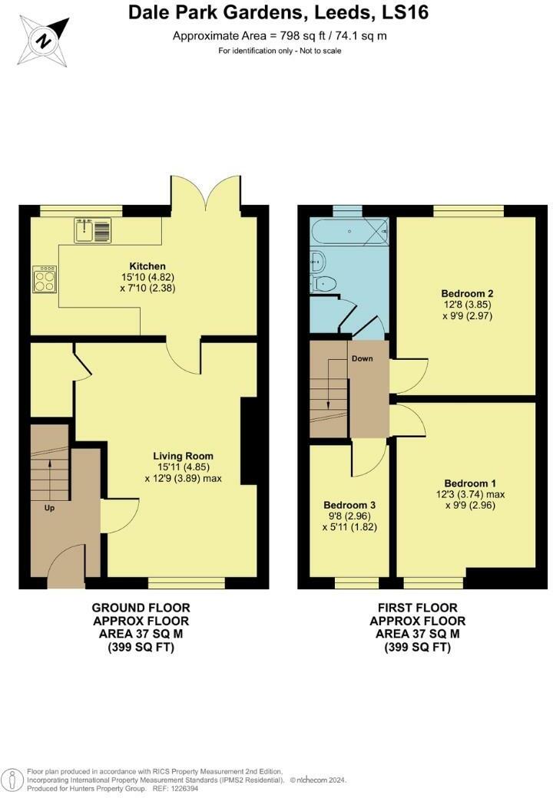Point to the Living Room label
pyautogui.click(x=182, y=455)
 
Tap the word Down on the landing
pyautogui.click(x=362, y=358)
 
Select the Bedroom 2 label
pyautogui.click(x=467, y=293)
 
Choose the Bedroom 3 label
pyautogui.click(x=349, y=505)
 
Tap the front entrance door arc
pyautogui.click(x=66, y=562)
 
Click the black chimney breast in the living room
pyautogui.click(x=249, y=441)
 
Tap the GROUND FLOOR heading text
pyautogui.click(x=141, y=608)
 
